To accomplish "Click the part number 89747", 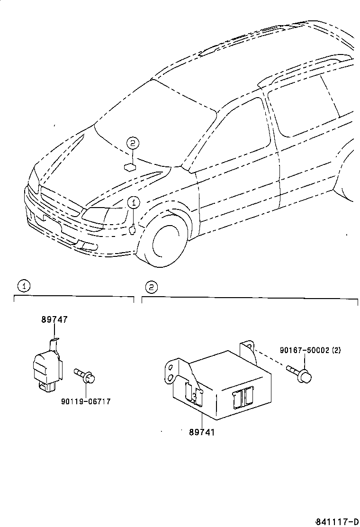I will tap(54, 320).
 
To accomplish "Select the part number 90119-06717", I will tap(86, 401).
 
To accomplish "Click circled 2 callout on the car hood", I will tap(133, 142).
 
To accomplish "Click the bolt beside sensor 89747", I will tap(86, 376).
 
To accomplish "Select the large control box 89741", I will tap(223, 386).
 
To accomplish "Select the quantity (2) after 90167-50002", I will tap(336, 350).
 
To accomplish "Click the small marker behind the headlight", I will tap(132, 231).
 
